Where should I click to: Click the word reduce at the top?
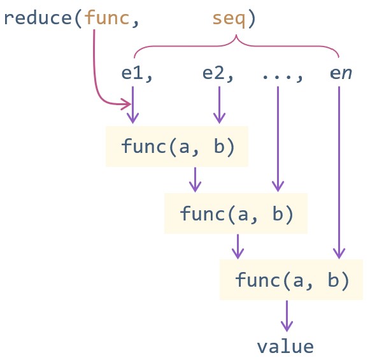[38, 18]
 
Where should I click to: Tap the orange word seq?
[229, 20]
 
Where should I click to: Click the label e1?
[132, 73]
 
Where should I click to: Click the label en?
[341, 73]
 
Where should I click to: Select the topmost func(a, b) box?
[177, 147]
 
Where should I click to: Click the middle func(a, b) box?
[236, 213]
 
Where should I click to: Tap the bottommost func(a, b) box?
[291, 280]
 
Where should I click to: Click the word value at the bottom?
[285, 347]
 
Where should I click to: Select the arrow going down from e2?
[220, 104]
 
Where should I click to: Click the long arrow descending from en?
[339, 172]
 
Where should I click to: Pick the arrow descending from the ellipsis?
[278, 139]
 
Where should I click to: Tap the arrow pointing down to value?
[287, 316]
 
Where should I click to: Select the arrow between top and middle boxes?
[195, 180]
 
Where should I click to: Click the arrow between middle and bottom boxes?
[238, 247]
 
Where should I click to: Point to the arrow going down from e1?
[133, 104]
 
